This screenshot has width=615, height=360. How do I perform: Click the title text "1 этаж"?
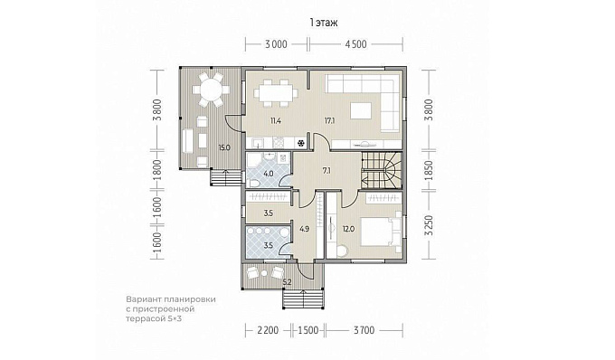324,23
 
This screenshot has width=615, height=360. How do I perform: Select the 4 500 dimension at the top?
355,44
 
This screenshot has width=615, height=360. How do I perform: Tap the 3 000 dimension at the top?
276,44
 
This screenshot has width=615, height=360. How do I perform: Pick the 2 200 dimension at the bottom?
268,330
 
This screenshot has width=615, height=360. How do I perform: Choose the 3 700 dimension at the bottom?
364,330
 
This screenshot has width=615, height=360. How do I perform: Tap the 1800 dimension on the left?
157,170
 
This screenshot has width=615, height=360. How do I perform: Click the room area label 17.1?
329,121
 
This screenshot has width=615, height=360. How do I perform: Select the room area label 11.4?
275,121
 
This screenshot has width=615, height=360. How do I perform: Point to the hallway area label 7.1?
326,171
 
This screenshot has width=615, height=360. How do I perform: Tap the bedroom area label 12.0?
348,229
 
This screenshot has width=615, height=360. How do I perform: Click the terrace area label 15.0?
224,147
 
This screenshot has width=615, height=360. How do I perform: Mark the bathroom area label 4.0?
269,174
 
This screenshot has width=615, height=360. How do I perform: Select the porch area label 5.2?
287,280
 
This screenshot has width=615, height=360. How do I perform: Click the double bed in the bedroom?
379,232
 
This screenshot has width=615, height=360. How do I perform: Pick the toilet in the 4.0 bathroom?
253,184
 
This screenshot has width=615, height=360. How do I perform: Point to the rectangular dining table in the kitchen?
276,93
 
